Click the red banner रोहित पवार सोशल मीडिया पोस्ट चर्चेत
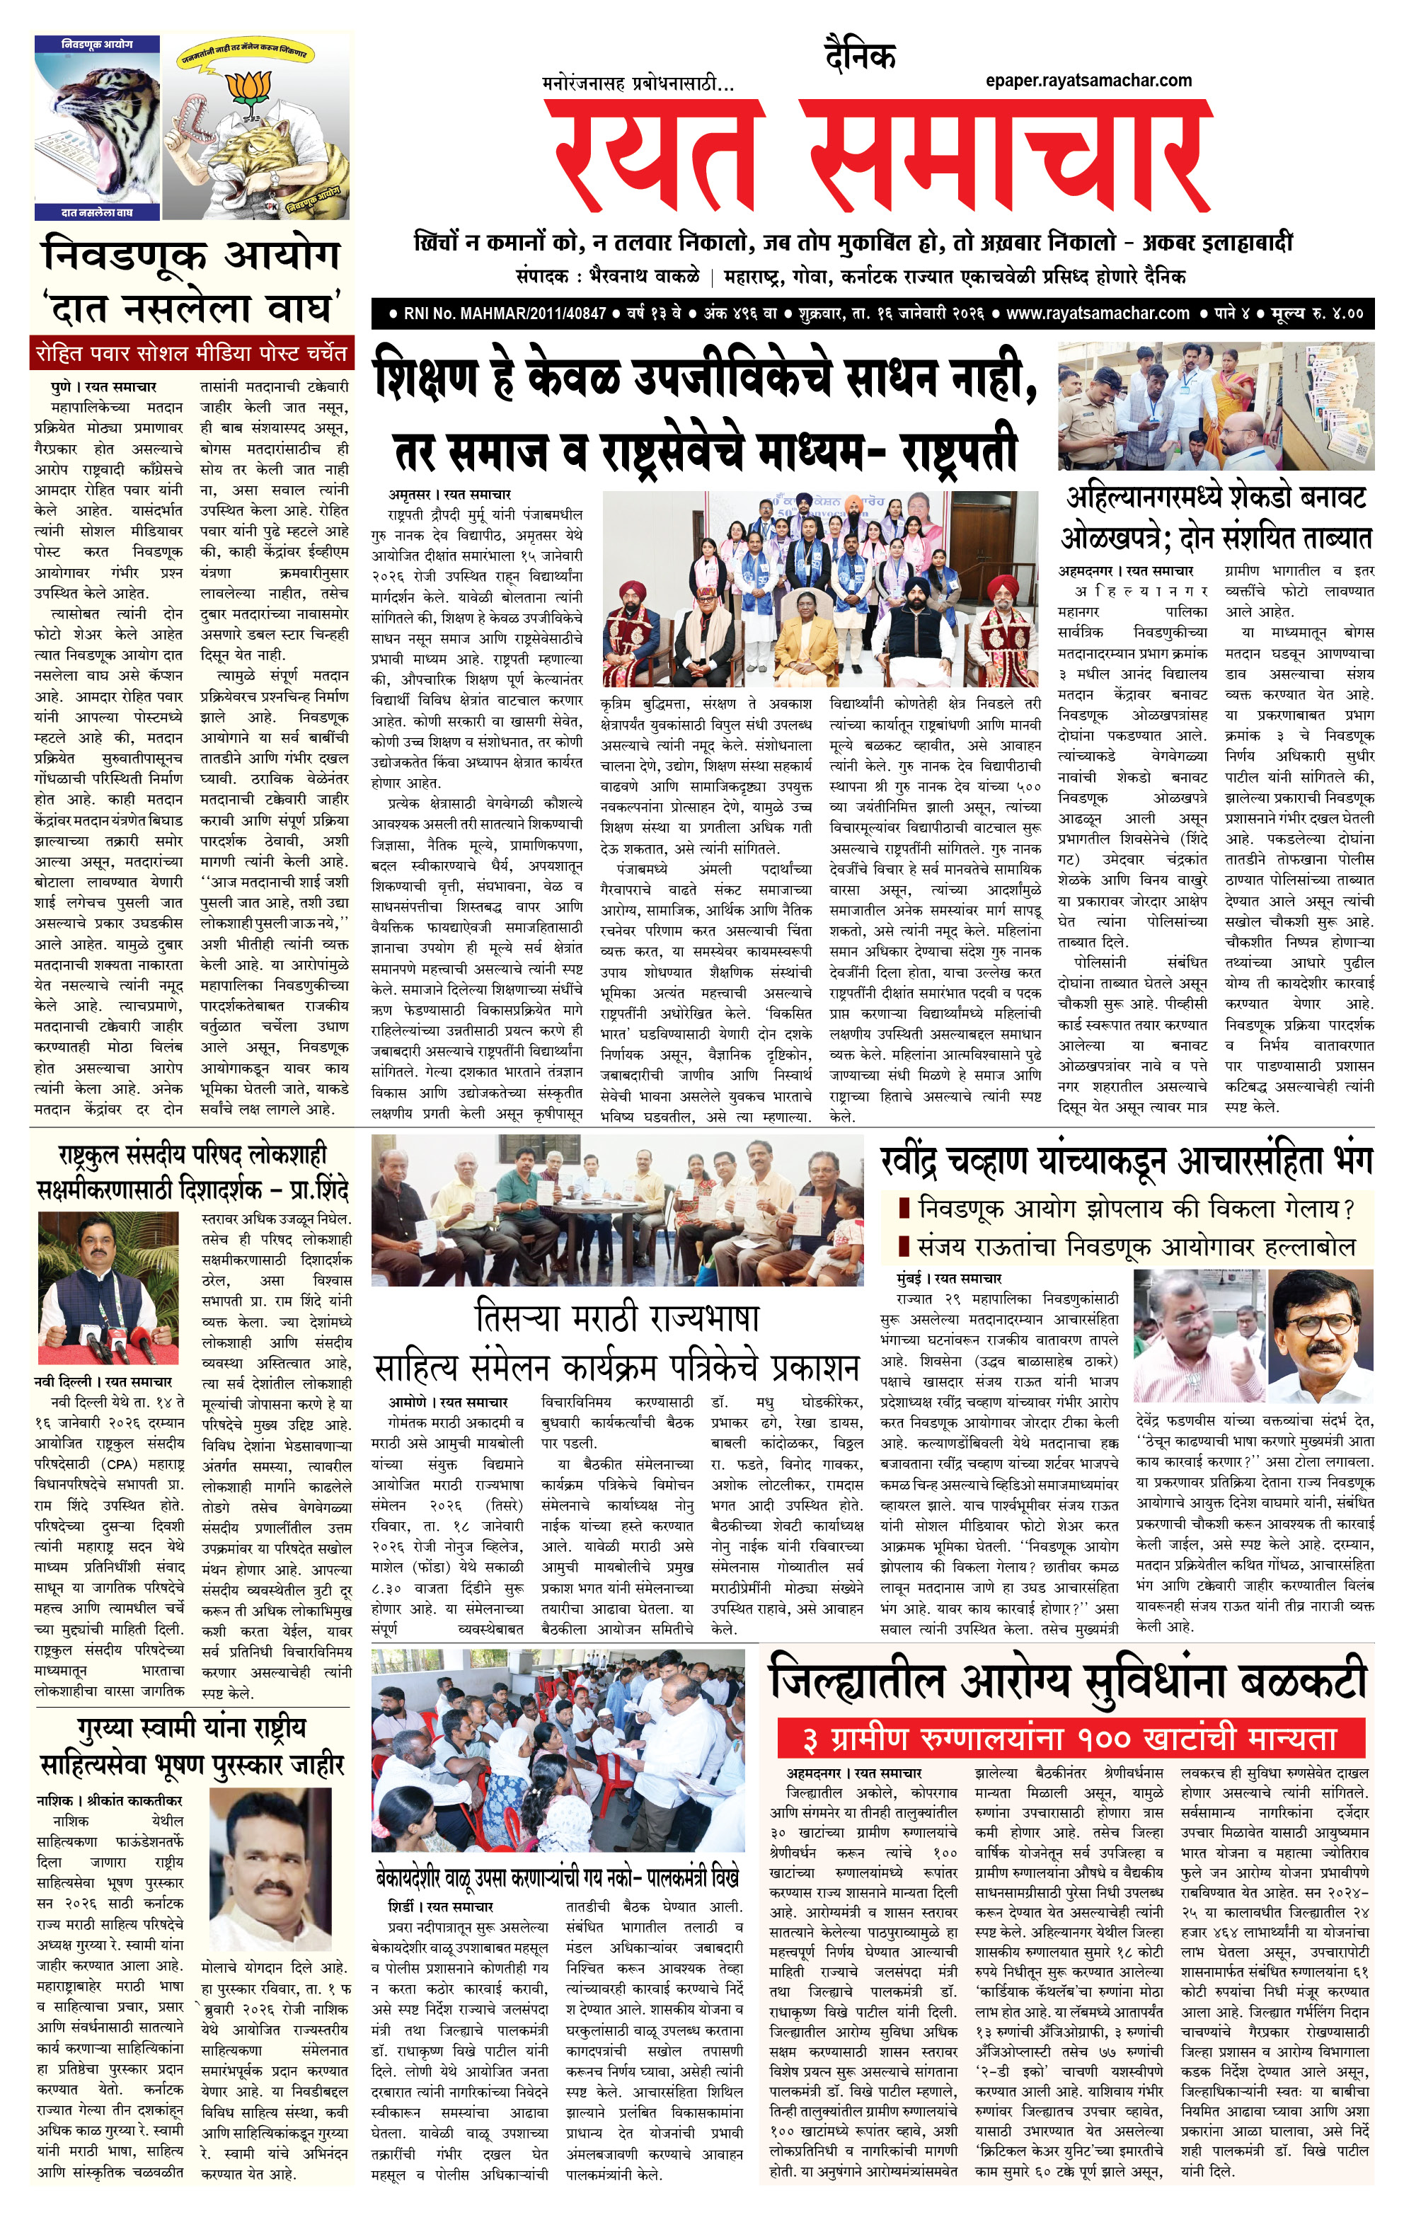coord(191,353)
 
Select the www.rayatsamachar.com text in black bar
coord(1097,313)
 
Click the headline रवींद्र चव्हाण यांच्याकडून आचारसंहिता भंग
coord(1125,1160)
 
